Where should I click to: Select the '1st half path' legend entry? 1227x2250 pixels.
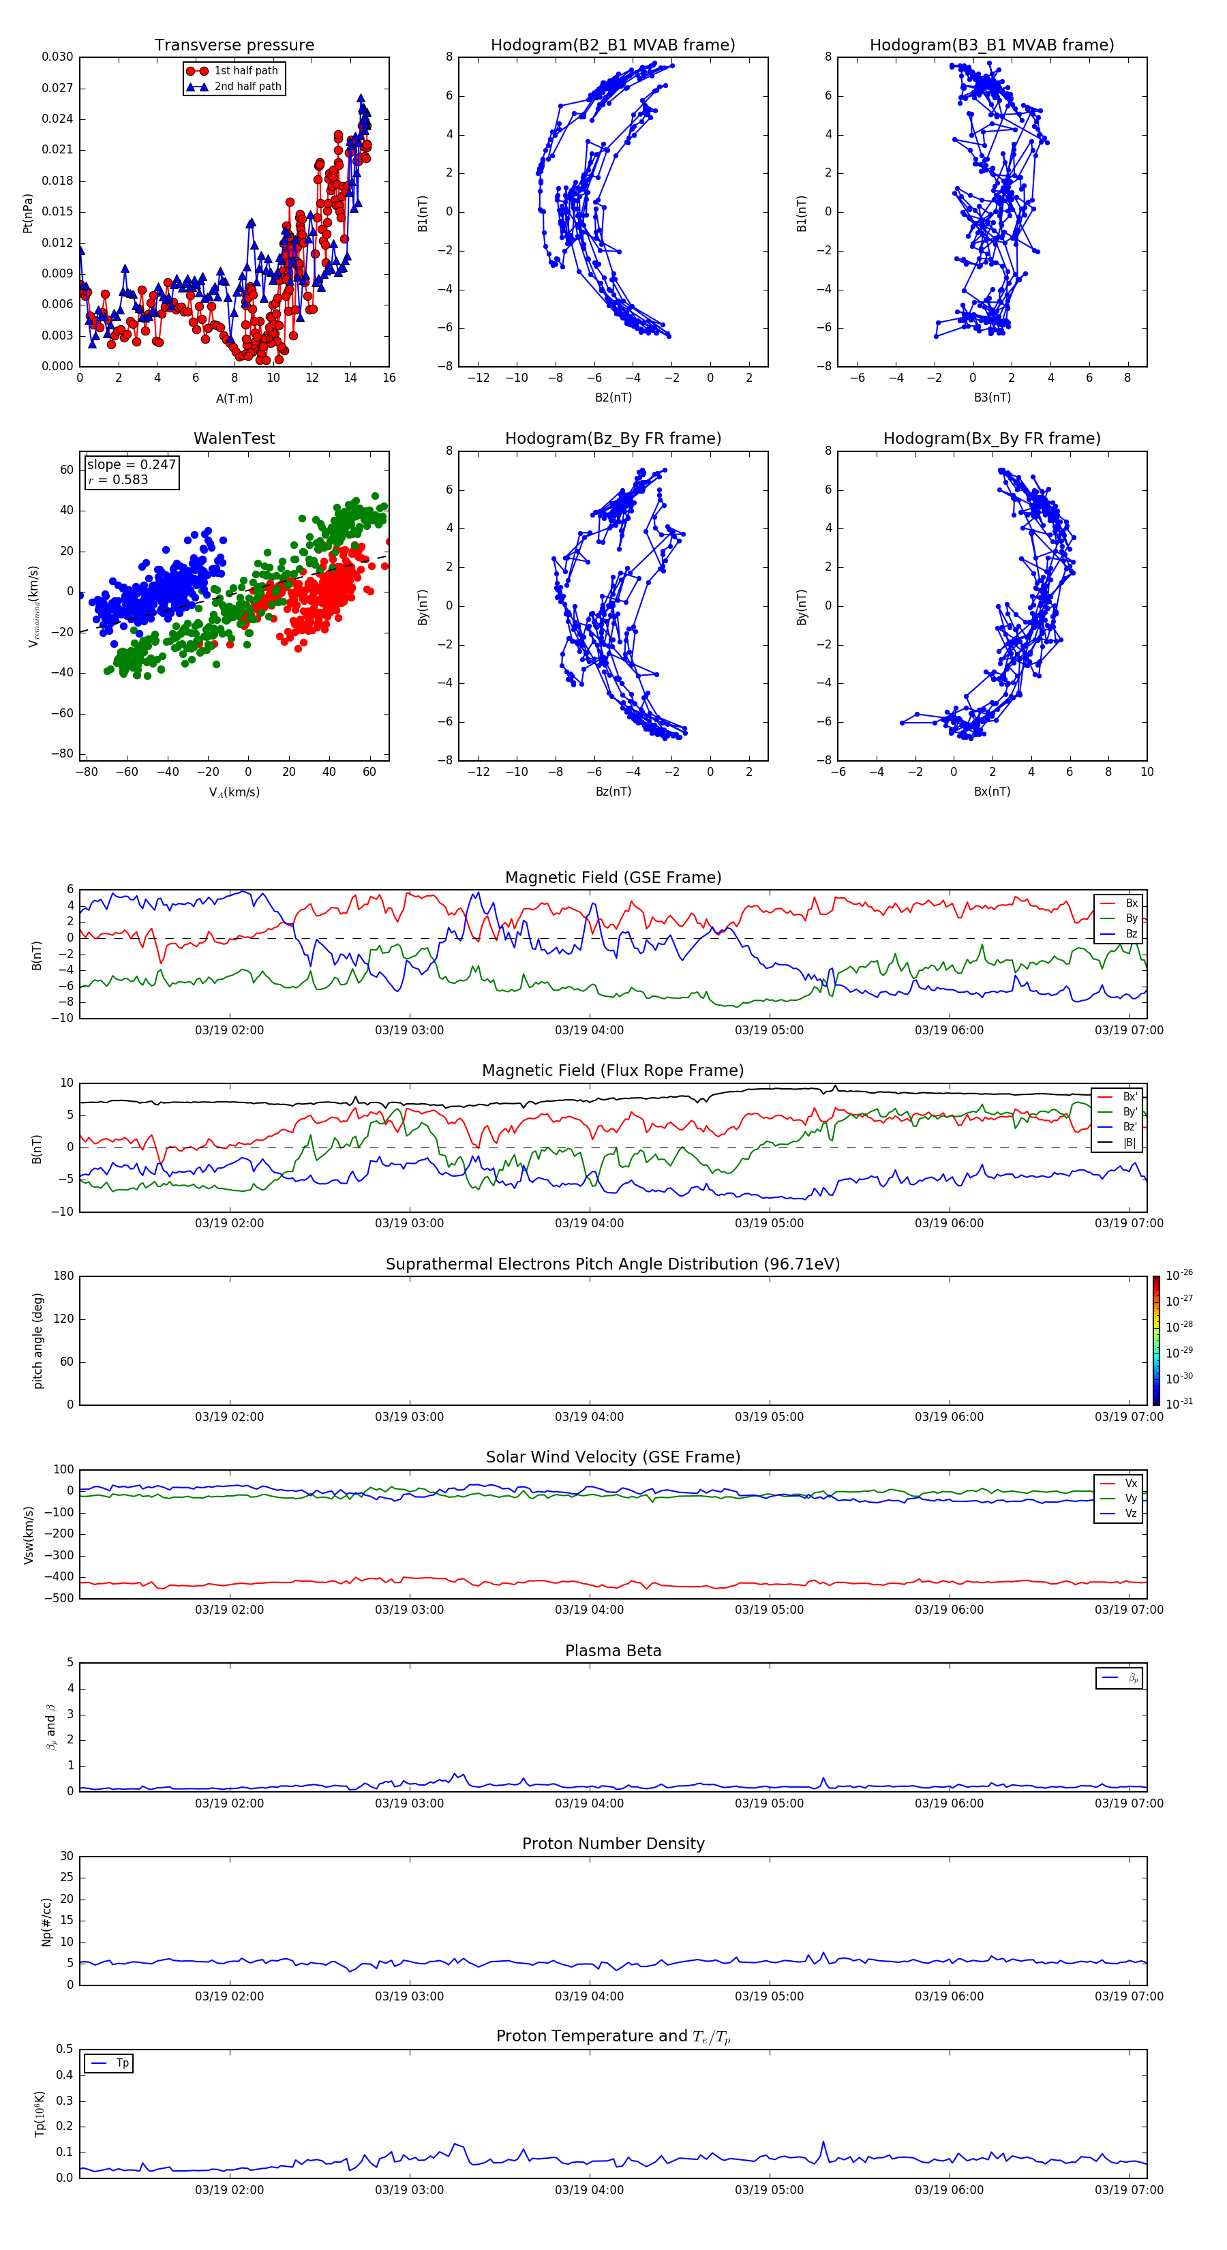(x=245, y=71)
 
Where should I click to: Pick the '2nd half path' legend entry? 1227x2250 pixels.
(x=247, y=87)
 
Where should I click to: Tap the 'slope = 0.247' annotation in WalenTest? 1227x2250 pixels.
(x=131, y=465)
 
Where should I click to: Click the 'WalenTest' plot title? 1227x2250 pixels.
(x=234, y=438)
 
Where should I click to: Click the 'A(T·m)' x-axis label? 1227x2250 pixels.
(x=234, y=399)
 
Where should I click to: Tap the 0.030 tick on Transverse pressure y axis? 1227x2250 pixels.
(x=58, y=57)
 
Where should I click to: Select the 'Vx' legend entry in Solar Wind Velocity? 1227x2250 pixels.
(x=1130, y=1483)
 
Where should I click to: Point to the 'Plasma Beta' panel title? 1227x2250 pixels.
(x=612, y=1651)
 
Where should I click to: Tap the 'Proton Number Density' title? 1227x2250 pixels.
(x=612, y=1844)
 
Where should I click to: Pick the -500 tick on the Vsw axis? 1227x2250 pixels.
(x=61, y=1598)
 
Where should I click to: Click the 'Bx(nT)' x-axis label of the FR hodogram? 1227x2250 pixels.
(x=991, y=792)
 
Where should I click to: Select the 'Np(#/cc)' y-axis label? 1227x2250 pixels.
(x=47, y=1921)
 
